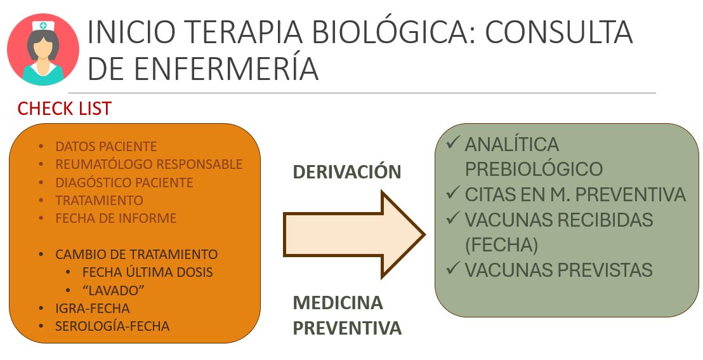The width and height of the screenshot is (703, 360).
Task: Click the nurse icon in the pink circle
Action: click(x=43, y=50)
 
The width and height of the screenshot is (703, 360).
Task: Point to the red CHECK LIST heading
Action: click(x=64, y=109)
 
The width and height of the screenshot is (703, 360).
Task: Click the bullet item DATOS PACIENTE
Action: click(x=106, y=147)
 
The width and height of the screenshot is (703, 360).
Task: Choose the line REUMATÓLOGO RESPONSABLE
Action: click(x=149, y=164)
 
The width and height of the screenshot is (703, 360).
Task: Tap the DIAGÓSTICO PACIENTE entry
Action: click(x=124, y=183)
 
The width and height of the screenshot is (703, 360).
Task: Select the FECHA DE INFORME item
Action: click(x=116, y=218)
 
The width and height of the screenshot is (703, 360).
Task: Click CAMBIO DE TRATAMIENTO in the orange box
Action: click(x=136, y=255)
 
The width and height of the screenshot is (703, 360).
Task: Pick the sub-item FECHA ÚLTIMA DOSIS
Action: click(x=147, y=272)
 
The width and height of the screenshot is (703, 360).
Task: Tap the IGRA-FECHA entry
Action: click(x=93, y=309)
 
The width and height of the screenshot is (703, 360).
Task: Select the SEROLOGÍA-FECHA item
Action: click(x=112, y=327)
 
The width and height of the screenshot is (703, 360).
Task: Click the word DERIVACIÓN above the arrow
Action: click(x=347, y=172)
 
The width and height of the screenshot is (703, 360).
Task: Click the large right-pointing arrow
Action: click(x=352, y=234)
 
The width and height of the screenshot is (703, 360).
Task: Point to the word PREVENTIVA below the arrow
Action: click(x=347, y=328)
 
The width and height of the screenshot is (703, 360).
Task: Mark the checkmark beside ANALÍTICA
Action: click(x=453, y=143)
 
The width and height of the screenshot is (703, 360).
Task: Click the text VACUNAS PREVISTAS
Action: click(x=558, y=270)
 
